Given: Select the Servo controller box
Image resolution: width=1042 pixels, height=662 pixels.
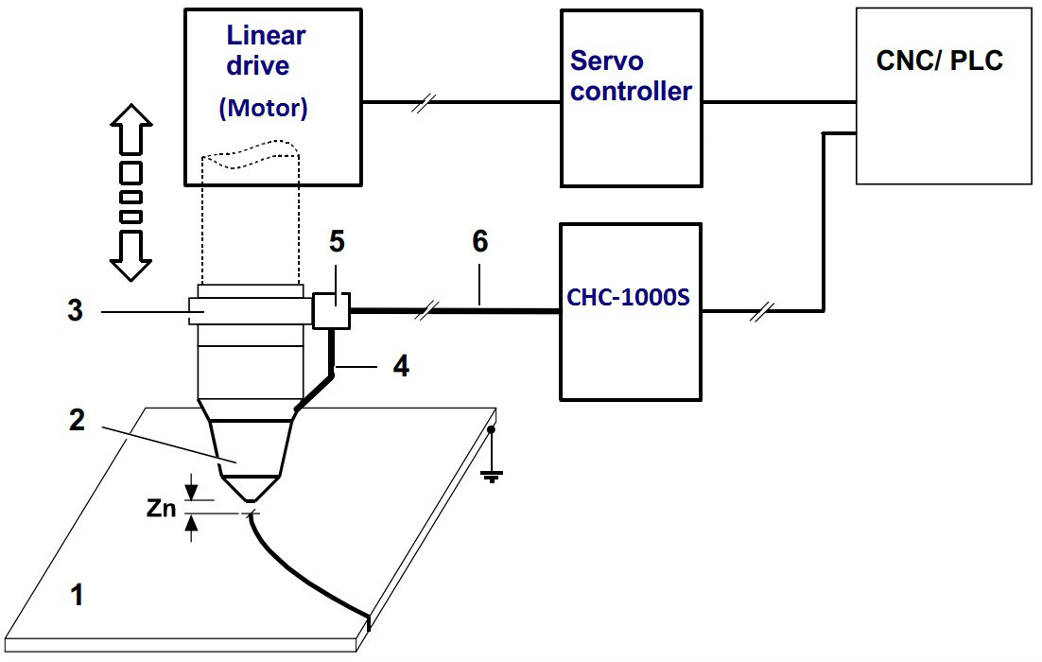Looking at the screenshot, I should (x=631, y=98).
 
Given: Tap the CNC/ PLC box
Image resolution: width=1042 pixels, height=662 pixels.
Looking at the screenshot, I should (x=943, y=96).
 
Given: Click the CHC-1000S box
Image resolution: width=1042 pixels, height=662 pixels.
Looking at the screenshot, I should (x=631, y=311).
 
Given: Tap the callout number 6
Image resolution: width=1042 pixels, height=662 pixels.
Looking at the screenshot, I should (x=480, y=243).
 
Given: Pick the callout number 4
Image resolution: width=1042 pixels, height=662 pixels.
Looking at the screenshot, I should (x=401, y=366).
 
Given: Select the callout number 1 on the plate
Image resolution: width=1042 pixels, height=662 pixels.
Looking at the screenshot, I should (x=78, y=596).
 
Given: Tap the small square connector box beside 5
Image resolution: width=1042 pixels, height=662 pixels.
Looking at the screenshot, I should (x=331, y=310).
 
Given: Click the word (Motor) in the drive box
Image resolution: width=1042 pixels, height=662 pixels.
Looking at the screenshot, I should (x=264, y=109).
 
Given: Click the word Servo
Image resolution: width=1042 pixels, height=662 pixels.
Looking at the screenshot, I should (x=607, y=61).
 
